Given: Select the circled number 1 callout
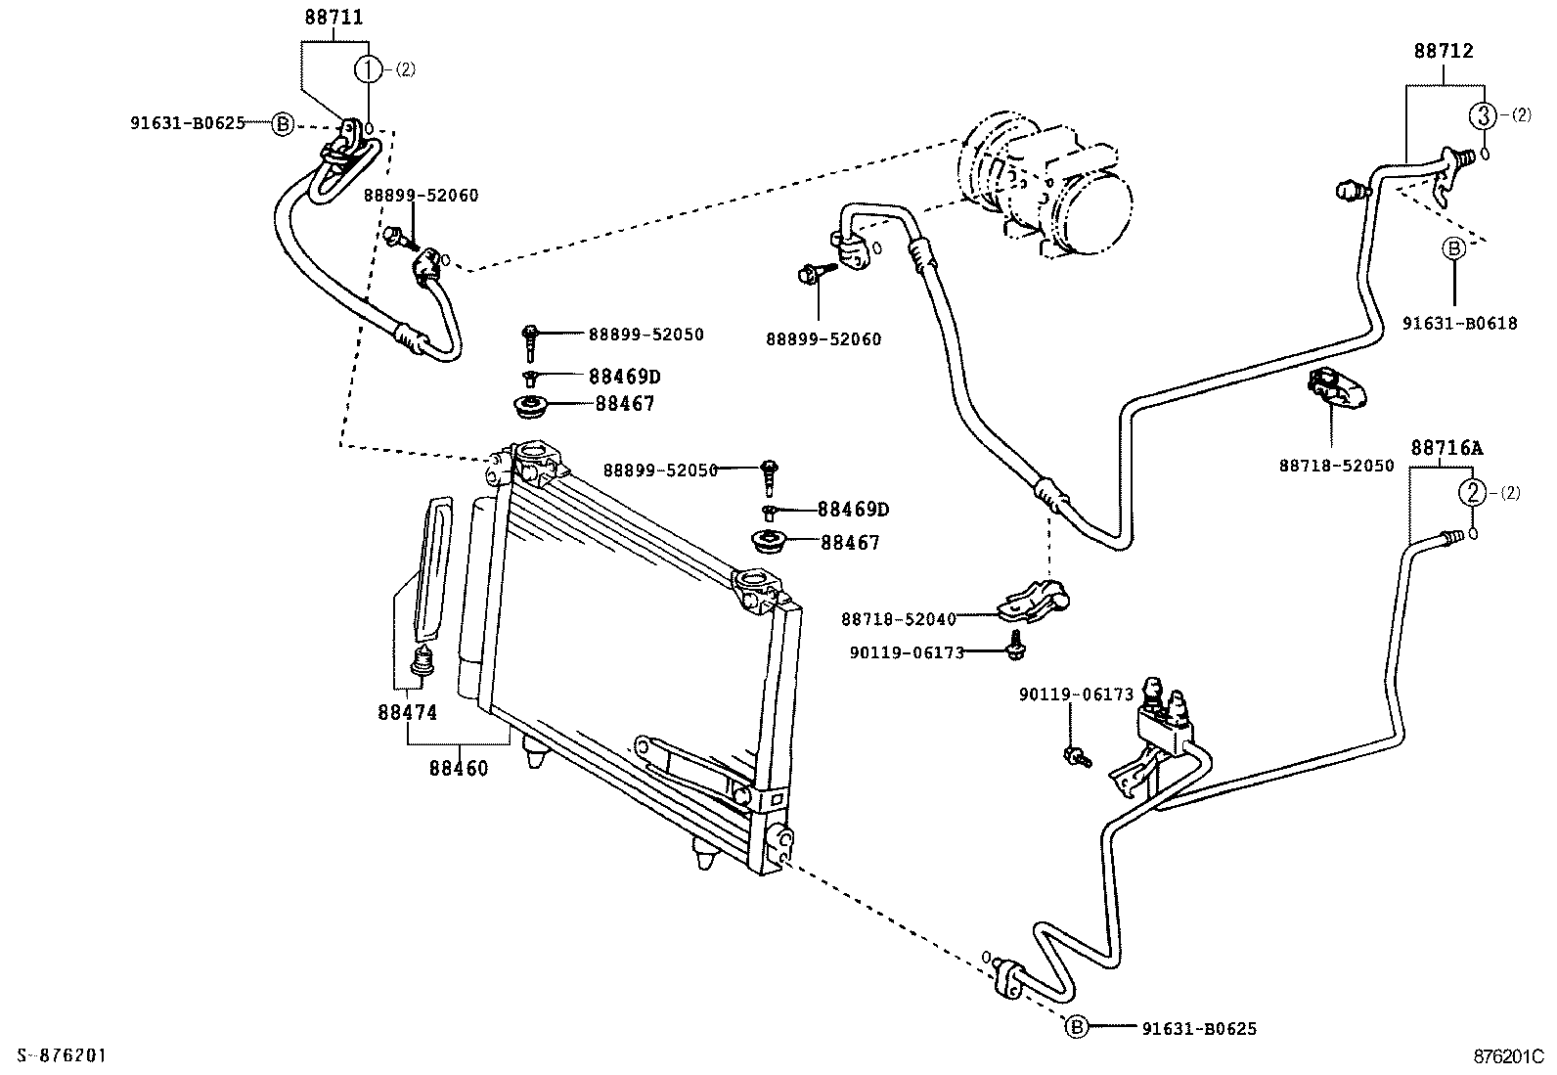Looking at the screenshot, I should pos(368,68).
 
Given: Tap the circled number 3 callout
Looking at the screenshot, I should pos(1483,115).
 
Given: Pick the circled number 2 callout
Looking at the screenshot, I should pos(1472,493).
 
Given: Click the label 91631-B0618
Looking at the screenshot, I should pos(1459,324).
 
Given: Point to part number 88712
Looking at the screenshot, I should pos(1443,51).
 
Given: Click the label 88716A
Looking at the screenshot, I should pos(1446,448).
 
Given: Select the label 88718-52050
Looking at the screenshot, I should pos(1336,467).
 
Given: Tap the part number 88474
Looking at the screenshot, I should pos(407,713).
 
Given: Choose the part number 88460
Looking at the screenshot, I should pos(458,768).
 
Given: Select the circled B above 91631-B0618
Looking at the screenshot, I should pos(1453,249).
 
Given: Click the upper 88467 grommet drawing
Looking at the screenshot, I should pos(533,405).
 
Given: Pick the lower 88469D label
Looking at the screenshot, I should pos(853,510).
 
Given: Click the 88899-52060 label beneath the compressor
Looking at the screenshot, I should pos(823,339).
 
